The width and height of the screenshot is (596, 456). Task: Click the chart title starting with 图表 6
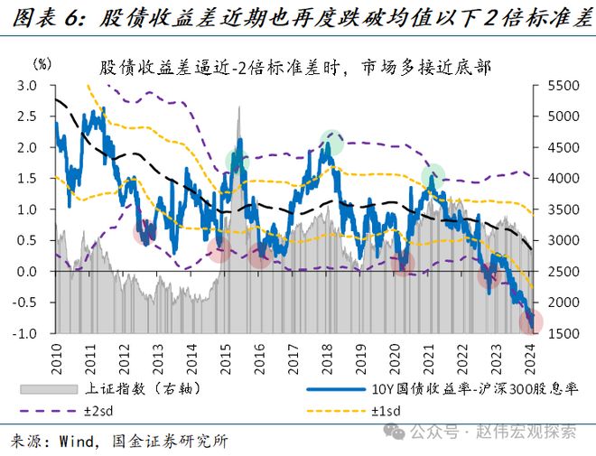297,18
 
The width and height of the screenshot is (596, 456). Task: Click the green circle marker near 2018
332,141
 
